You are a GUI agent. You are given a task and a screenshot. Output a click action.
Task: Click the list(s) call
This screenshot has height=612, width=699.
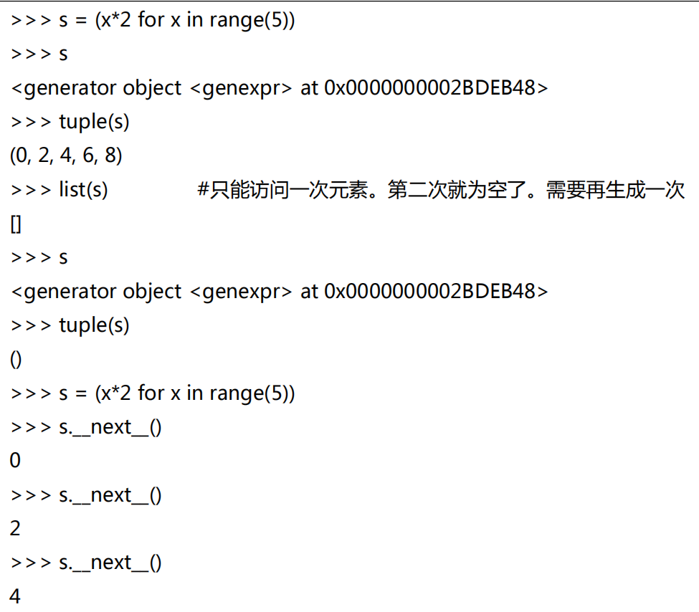[x=83, y=190]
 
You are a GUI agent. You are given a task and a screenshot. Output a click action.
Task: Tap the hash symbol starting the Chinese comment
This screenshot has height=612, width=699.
[x=203, y=190]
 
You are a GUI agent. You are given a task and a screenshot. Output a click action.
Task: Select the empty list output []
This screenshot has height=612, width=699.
[x=16, y=224]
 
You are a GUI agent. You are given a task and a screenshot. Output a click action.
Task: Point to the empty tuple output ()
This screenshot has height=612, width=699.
[x=16, y=360]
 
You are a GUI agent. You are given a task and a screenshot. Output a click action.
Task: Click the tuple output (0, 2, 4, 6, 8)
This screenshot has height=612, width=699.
[x=66, y=156]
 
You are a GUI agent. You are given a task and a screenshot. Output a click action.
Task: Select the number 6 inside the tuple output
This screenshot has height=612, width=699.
[x=90, y=156]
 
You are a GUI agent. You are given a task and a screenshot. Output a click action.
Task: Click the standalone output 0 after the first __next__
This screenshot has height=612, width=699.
[x=15, y=461]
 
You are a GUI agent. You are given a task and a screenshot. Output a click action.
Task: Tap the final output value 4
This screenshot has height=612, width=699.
[x=15, y=596]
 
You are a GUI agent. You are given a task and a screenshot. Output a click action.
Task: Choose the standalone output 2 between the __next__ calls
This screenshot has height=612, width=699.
[x=15, y=529]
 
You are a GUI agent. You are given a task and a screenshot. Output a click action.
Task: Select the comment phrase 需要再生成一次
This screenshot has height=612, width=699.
[x=615, y=190]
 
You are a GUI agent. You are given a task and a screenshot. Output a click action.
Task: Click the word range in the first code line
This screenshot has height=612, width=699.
[x=236, y=20]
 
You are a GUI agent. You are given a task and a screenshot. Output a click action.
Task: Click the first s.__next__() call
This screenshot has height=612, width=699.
[x=110, y=427]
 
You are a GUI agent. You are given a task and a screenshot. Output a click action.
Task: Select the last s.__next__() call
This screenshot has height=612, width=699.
[x=110, y=563]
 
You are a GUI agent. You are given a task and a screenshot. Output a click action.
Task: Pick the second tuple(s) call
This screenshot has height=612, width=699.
[x=94, y=325]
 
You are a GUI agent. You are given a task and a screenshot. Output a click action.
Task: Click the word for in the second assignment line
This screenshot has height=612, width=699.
[x=151, y=393]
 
